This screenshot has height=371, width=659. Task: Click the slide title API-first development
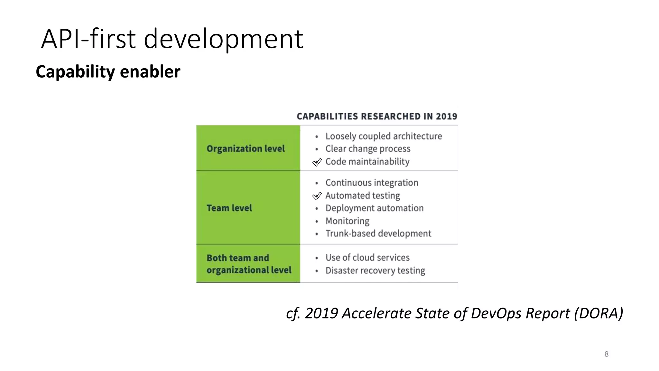point(172,39)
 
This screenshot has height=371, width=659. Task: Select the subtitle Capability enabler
point(108,71)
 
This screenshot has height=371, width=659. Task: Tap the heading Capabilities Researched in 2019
point(377,116)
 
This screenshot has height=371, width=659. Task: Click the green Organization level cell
point(248,148)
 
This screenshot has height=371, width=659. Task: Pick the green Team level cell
point(248,208)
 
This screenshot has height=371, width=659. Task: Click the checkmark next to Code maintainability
point(317,162)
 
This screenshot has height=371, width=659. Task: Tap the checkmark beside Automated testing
point(317,196)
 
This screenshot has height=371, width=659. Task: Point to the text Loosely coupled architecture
point(384,136)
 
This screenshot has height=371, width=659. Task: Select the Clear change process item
point(368,149)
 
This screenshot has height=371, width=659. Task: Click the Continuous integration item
point(372,183)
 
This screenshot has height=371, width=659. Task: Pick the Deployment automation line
point(374,208)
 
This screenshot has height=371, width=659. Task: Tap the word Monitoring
point(347,221)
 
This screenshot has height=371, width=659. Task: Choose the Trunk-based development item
point(378,233)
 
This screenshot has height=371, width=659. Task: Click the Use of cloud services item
point(367,258)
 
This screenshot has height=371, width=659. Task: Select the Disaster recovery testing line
point(375,271)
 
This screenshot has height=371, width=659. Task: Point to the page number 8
point(607,354)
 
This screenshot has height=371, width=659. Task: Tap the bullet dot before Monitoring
point(317,222)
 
